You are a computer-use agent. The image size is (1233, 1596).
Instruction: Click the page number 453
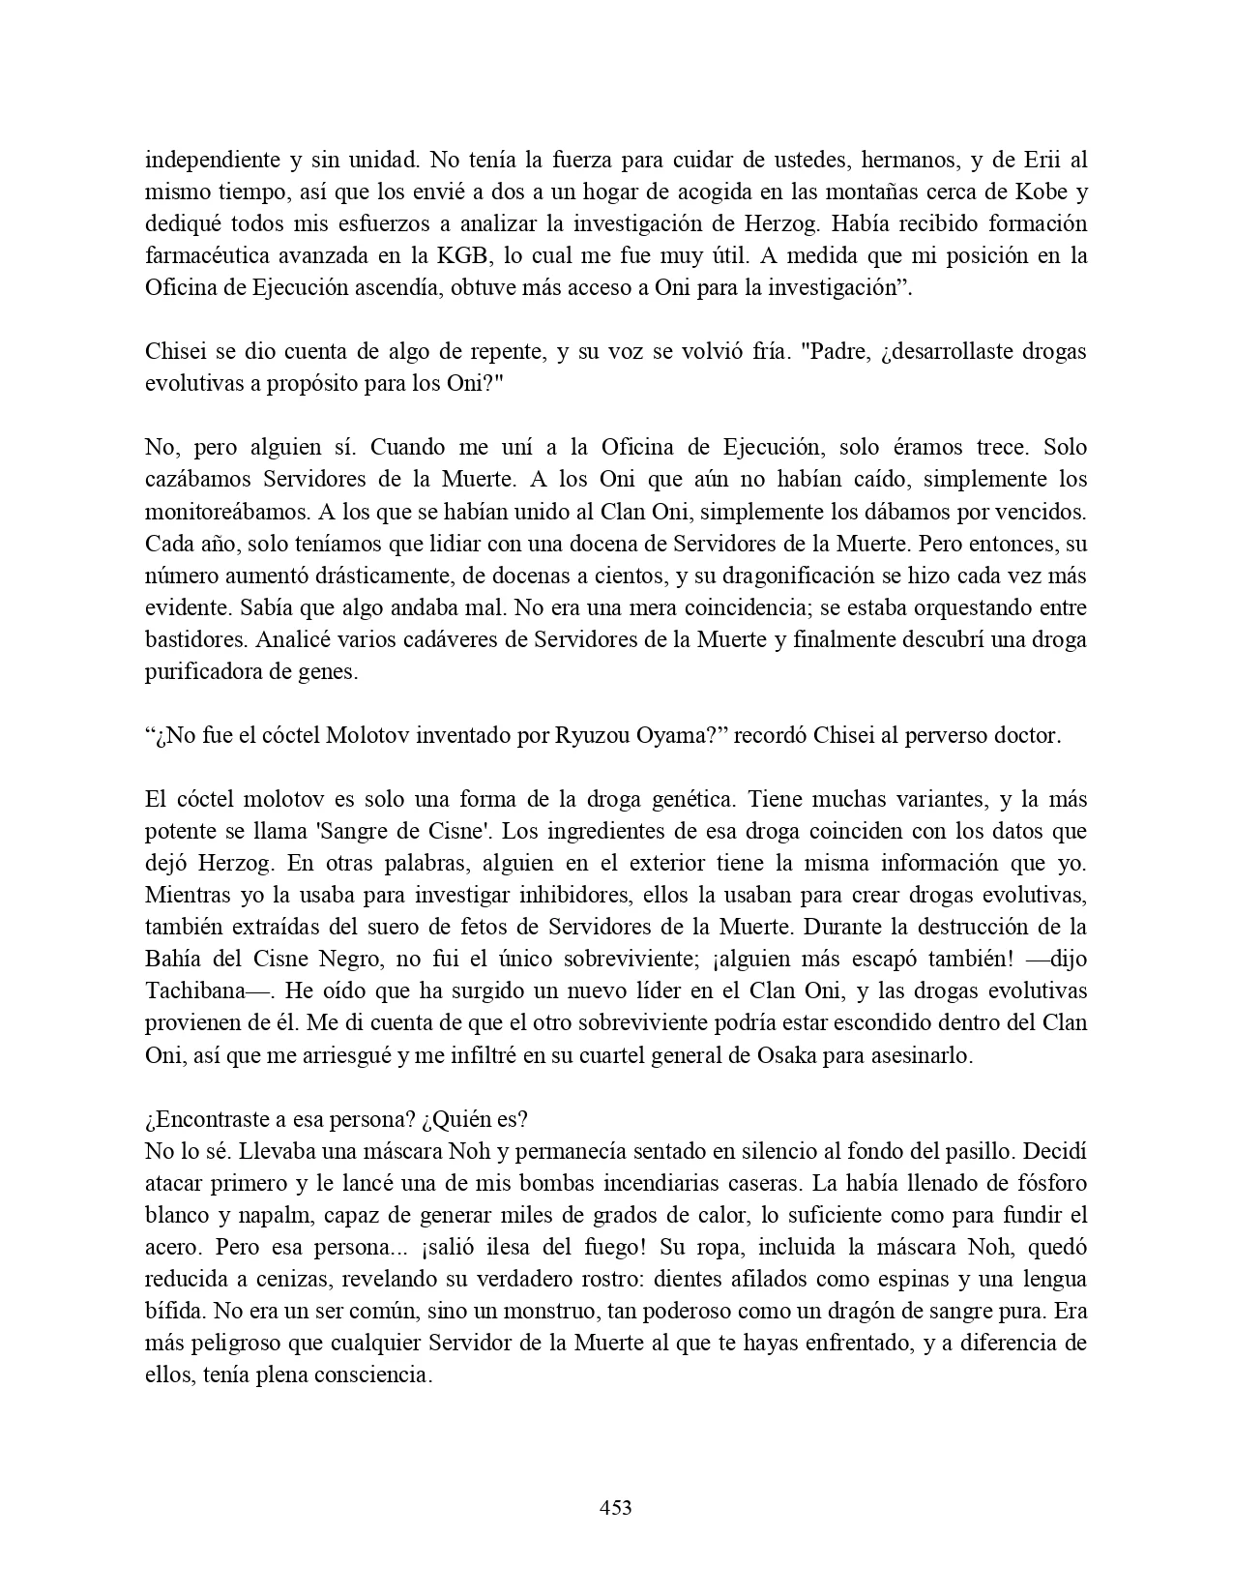pyautogui.click(x=616, y=1507)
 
